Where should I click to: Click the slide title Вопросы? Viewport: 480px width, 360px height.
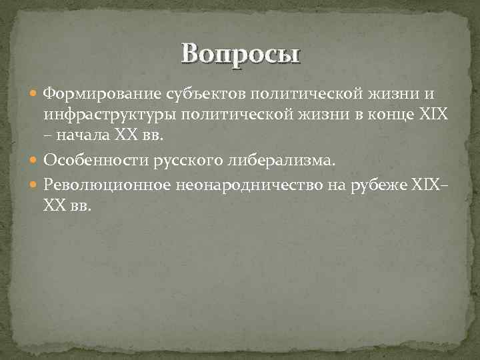coord(241,53)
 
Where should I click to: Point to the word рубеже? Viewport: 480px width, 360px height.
coord(380,185)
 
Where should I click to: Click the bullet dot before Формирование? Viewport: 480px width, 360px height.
coord(35,92)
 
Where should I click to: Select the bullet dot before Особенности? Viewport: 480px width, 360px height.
coord(35,161)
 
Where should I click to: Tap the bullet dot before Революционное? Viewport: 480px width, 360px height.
coord(35,186)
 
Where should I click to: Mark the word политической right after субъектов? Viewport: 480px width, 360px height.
coord(274,91)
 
